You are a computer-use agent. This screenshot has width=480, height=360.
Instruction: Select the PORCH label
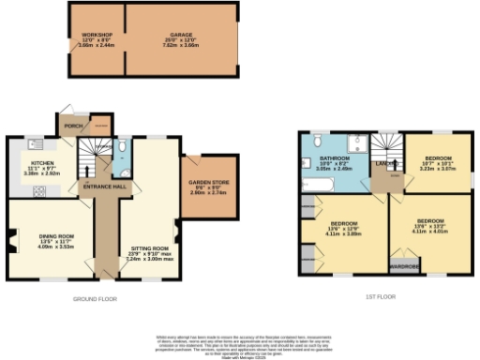[x=70, y=125]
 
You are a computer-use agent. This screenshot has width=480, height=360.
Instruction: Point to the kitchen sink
[x=33, y=143]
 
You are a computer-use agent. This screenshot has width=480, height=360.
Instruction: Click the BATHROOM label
[x=334, y=158]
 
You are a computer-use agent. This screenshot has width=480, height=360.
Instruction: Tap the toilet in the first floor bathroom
[x=318, y=142]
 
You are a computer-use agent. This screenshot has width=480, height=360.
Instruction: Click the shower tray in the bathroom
[x=356, y=142]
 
